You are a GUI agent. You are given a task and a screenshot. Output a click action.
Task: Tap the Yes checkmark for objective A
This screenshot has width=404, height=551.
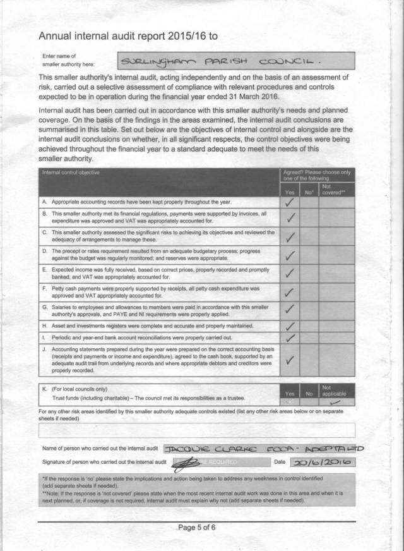tap(290, 202)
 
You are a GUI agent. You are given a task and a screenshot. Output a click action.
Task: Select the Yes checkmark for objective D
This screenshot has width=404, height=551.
tap(290, 255)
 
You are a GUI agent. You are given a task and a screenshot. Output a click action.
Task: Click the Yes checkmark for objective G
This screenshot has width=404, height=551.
tap(290, 310)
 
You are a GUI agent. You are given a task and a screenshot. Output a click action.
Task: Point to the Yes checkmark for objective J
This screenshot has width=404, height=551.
tap(290, 361)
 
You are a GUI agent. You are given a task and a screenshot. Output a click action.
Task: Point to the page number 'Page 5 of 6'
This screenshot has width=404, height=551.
tap(203, 528)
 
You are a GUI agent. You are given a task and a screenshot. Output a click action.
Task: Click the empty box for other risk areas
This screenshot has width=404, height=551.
tap(202, 430)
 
